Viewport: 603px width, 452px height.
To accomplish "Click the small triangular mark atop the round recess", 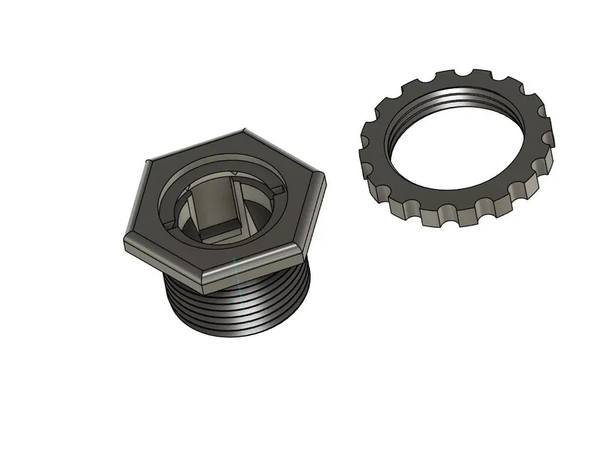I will (235, 171).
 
